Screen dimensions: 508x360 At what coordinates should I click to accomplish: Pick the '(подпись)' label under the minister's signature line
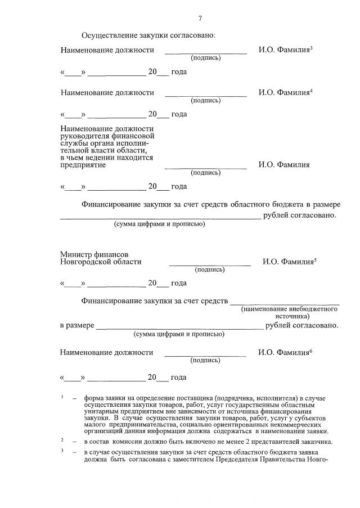coord(210,270)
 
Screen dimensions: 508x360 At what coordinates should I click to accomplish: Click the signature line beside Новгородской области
coord(210,264)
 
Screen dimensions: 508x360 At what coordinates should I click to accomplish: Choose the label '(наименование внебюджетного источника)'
coord(290,313)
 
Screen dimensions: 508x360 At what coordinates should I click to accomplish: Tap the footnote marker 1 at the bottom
coord(62,397)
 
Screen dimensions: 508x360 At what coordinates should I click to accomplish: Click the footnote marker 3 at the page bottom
coord(62,450)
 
